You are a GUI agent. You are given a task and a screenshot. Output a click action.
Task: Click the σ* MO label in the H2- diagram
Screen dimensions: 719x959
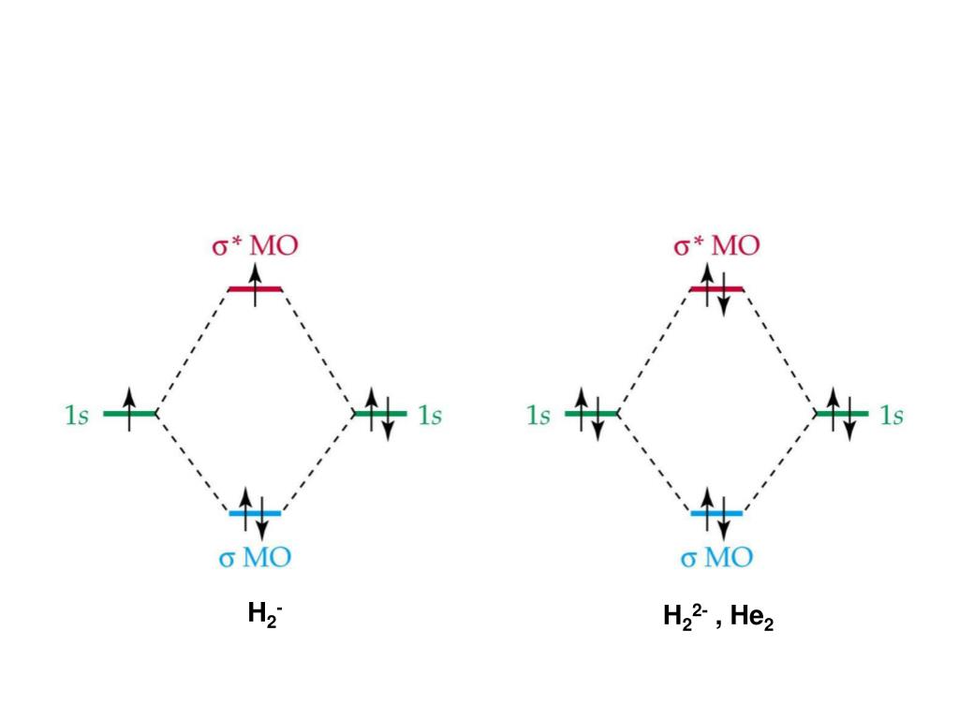255,246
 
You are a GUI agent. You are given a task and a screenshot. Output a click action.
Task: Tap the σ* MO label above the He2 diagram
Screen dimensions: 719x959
716,246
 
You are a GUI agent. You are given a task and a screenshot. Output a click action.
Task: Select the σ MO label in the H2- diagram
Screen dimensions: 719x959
255,558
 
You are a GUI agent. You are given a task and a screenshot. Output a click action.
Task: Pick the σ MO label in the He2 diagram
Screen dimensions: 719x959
716,558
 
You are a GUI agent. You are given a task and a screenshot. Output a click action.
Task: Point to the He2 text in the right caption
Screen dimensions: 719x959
752,618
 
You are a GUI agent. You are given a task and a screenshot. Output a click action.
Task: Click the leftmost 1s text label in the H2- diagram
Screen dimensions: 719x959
77,415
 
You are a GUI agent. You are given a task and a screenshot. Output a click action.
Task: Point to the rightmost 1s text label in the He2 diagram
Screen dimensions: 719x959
892,415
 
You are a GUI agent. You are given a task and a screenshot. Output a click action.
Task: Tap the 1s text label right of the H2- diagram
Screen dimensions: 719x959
430,415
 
